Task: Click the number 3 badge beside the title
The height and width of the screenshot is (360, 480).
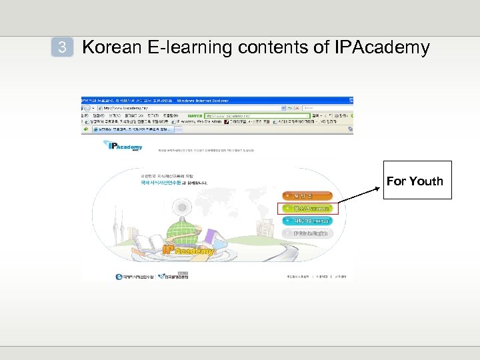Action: click(x=62, y=47)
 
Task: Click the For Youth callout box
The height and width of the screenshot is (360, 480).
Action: click(x=414, y=181)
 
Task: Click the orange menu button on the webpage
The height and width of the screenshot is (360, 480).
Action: click(x=306, y=196)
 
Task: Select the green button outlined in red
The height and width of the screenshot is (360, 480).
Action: click(x=307, y=209)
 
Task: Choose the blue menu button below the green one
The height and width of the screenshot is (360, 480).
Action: click(x=306, y=221)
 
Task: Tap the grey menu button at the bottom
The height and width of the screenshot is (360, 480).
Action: click(x=306, y=233)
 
